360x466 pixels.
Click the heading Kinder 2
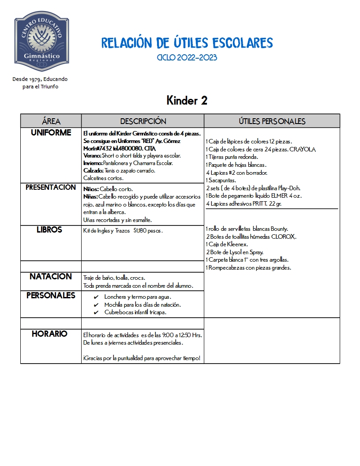187,101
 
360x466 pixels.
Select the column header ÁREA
51,121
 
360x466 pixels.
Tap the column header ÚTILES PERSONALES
272,121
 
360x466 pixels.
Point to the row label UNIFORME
51,133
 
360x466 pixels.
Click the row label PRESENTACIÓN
51,188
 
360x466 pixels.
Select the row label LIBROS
49,230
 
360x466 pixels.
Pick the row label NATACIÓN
51,277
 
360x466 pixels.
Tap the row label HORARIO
49,334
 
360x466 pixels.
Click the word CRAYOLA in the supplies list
302,150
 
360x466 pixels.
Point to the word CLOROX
284,237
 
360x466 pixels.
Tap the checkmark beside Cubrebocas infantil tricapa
96,312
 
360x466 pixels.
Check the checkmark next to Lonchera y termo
96,297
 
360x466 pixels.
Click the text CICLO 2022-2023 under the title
187,58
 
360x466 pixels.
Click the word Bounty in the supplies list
279,229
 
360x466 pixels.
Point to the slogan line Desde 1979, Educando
40,79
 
